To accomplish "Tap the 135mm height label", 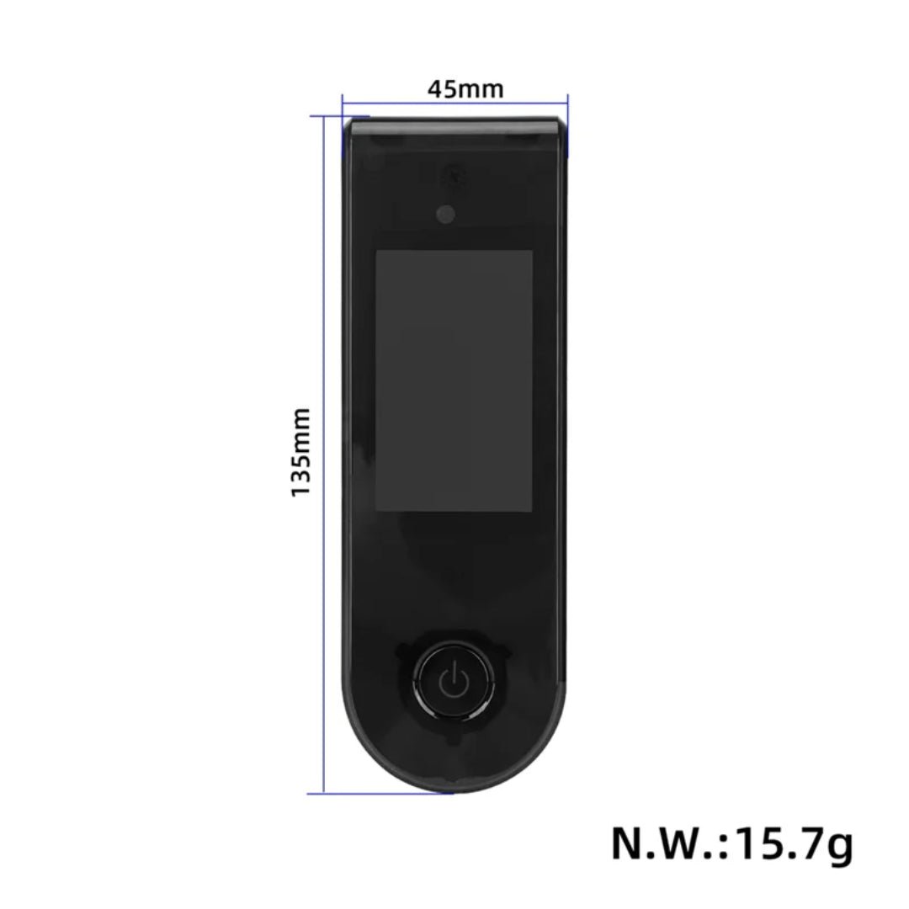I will pos(301,452).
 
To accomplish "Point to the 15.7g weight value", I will pos(795,844).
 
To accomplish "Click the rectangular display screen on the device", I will pos(454,380).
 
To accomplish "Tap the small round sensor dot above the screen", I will pos(444,214).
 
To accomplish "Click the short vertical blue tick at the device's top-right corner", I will pos(568,126).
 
